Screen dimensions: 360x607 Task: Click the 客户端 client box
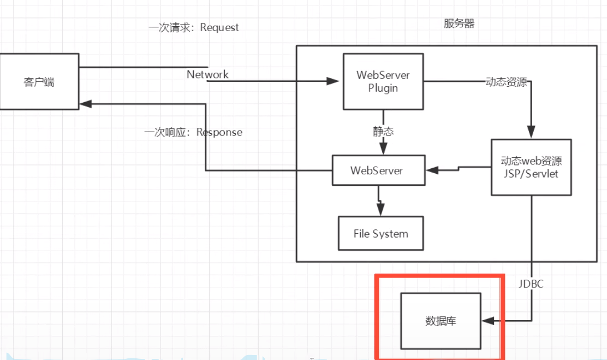click(x=39, y=82)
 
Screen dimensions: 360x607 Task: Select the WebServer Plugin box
click(x=383, y=81)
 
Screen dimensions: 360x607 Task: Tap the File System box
click(x=380, y=234)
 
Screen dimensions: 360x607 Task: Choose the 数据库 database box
click(x=441, y=321)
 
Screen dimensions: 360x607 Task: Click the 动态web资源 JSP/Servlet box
click(x=531, y=167)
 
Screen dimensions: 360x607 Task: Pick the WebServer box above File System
click(x=377, y=170)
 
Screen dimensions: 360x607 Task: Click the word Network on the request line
click(x=207, y=74)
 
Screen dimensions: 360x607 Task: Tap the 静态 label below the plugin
click(x=384, y=132)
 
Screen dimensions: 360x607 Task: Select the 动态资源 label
click(x=506, y=82)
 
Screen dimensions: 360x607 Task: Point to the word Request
click(x=219, y=27)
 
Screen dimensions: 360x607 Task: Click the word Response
click(x=219, y=132)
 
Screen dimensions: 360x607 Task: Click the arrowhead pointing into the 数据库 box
click(x=488, y=321)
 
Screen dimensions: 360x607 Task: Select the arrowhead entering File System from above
click(x=380, y=210)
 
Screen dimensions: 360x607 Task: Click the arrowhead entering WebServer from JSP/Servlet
click(x=433, y=170)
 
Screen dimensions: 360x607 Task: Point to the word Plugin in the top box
click(x=383, y=87)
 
